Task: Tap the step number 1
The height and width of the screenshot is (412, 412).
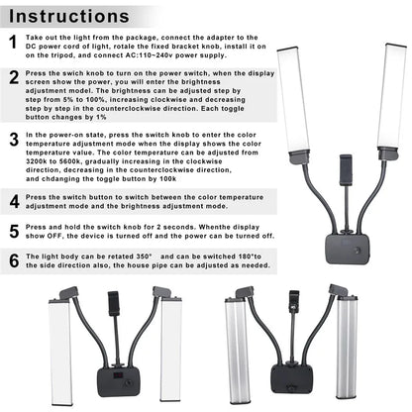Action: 13,43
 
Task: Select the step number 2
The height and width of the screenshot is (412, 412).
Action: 13,77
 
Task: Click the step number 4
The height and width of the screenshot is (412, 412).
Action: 13,200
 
